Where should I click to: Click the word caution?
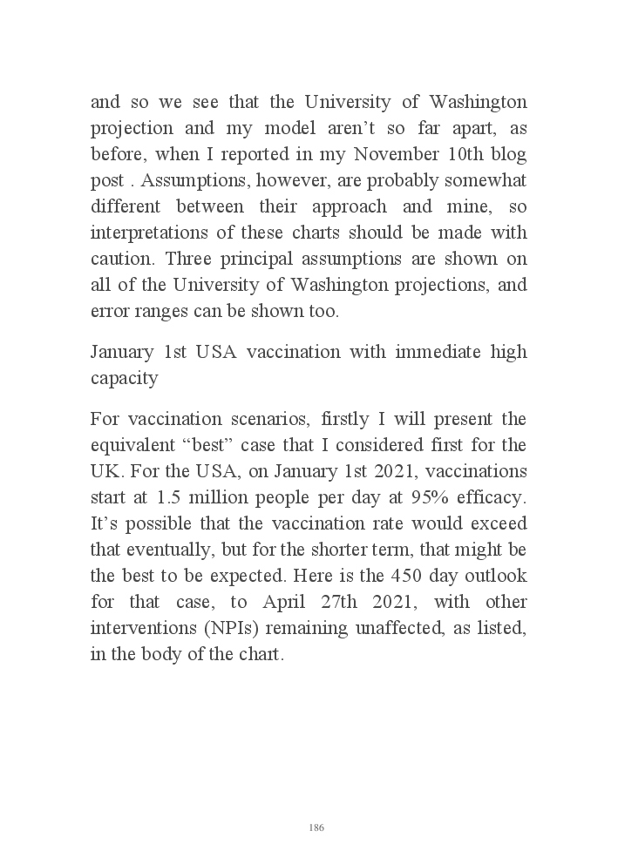121,260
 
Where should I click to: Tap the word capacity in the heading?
124,378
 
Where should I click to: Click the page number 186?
316,827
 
